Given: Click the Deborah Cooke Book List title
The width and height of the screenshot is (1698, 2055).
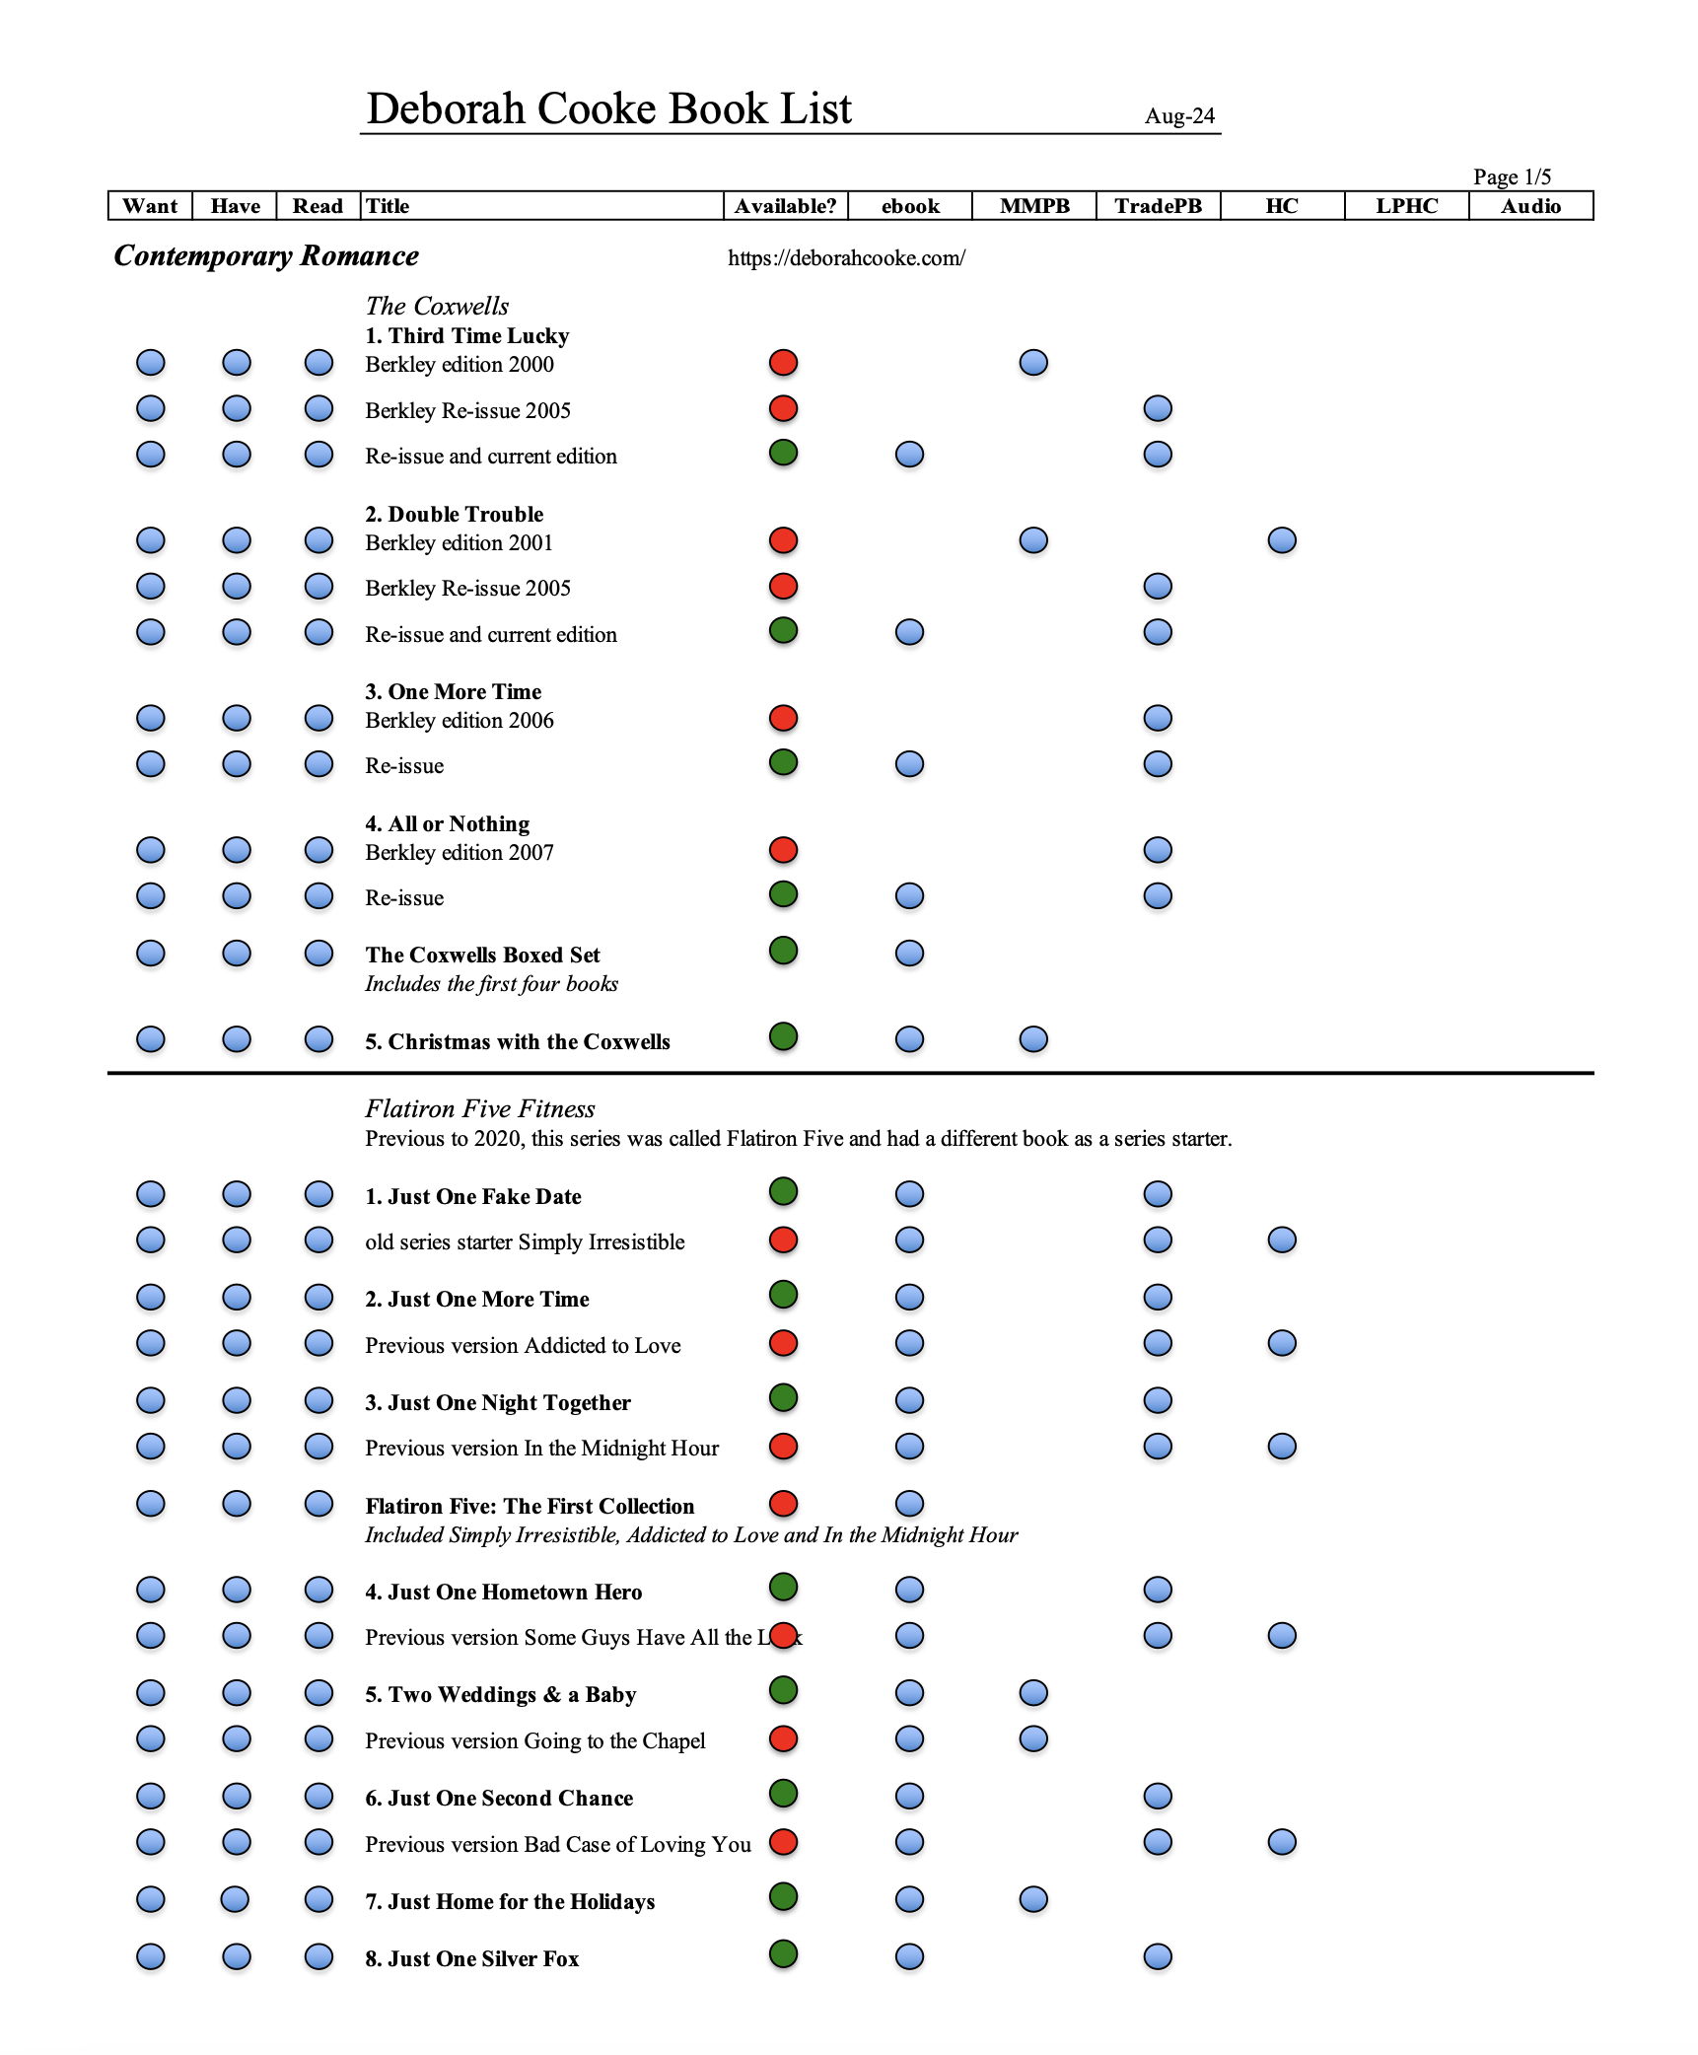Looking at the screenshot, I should click(608, 108).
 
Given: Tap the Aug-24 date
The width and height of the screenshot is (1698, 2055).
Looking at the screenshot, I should click(1179, 116).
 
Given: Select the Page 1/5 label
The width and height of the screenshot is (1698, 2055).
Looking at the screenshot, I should click(1512, 177).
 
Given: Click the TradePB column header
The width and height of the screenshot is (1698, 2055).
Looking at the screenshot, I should click(1158, 206).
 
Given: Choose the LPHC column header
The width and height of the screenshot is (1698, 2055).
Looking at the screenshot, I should click(1406, 206).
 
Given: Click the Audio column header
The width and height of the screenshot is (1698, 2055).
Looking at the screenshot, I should click(1530, 206).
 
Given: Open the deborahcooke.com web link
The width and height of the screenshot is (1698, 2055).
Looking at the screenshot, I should click(846, 258).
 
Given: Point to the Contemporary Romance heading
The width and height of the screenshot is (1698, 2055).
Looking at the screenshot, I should click(266, 256).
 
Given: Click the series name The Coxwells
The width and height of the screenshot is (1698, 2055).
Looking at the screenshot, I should click(437, 306).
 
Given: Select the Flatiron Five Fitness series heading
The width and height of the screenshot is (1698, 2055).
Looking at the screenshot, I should click(480, 1108).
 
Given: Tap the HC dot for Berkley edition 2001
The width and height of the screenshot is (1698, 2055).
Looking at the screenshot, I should click(1282, 540).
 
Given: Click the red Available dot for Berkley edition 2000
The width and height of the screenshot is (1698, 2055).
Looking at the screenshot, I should click(783, 363).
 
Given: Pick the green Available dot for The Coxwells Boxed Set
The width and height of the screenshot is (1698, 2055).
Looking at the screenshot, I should click(783, 952).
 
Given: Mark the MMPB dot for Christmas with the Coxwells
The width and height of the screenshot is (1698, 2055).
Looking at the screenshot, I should click(1033, 1039).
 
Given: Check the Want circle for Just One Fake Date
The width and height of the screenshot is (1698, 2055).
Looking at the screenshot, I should click(151, 1194).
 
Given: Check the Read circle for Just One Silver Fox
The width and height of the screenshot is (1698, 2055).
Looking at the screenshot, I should click(318, 1956).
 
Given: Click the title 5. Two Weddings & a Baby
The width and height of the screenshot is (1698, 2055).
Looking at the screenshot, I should click(500, 1694).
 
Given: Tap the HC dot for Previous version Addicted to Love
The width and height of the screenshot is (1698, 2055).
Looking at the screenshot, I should click(1282, 1343).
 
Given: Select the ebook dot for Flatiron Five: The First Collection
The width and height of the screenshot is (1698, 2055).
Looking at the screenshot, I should click(909, 1504).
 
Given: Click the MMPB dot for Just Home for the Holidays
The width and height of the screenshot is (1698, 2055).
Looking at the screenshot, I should click(1033, 1899).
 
